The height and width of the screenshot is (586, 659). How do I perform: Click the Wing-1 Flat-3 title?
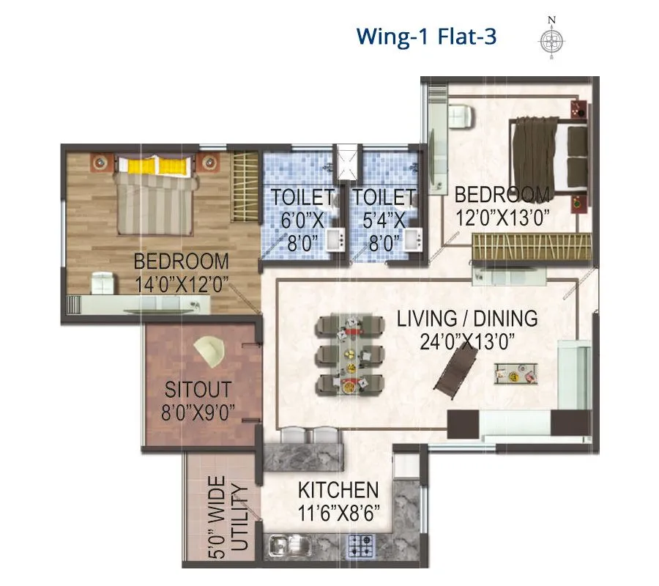click(425, 36)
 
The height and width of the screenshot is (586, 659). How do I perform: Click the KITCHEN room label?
click(338, 490)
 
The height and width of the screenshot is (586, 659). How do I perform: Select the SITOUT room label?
click(198, 389)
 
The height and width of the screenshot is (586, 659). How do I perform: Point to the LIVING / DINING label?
click(467, 319)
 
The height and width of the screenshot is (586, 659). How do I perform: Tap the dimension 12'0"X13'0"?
click(502, 217)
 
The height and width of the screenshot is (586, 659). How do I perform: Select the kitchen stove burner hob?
click(362, 544)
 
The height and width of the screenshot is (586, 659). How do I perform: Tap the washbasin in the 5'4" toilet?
click(412, 240)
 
